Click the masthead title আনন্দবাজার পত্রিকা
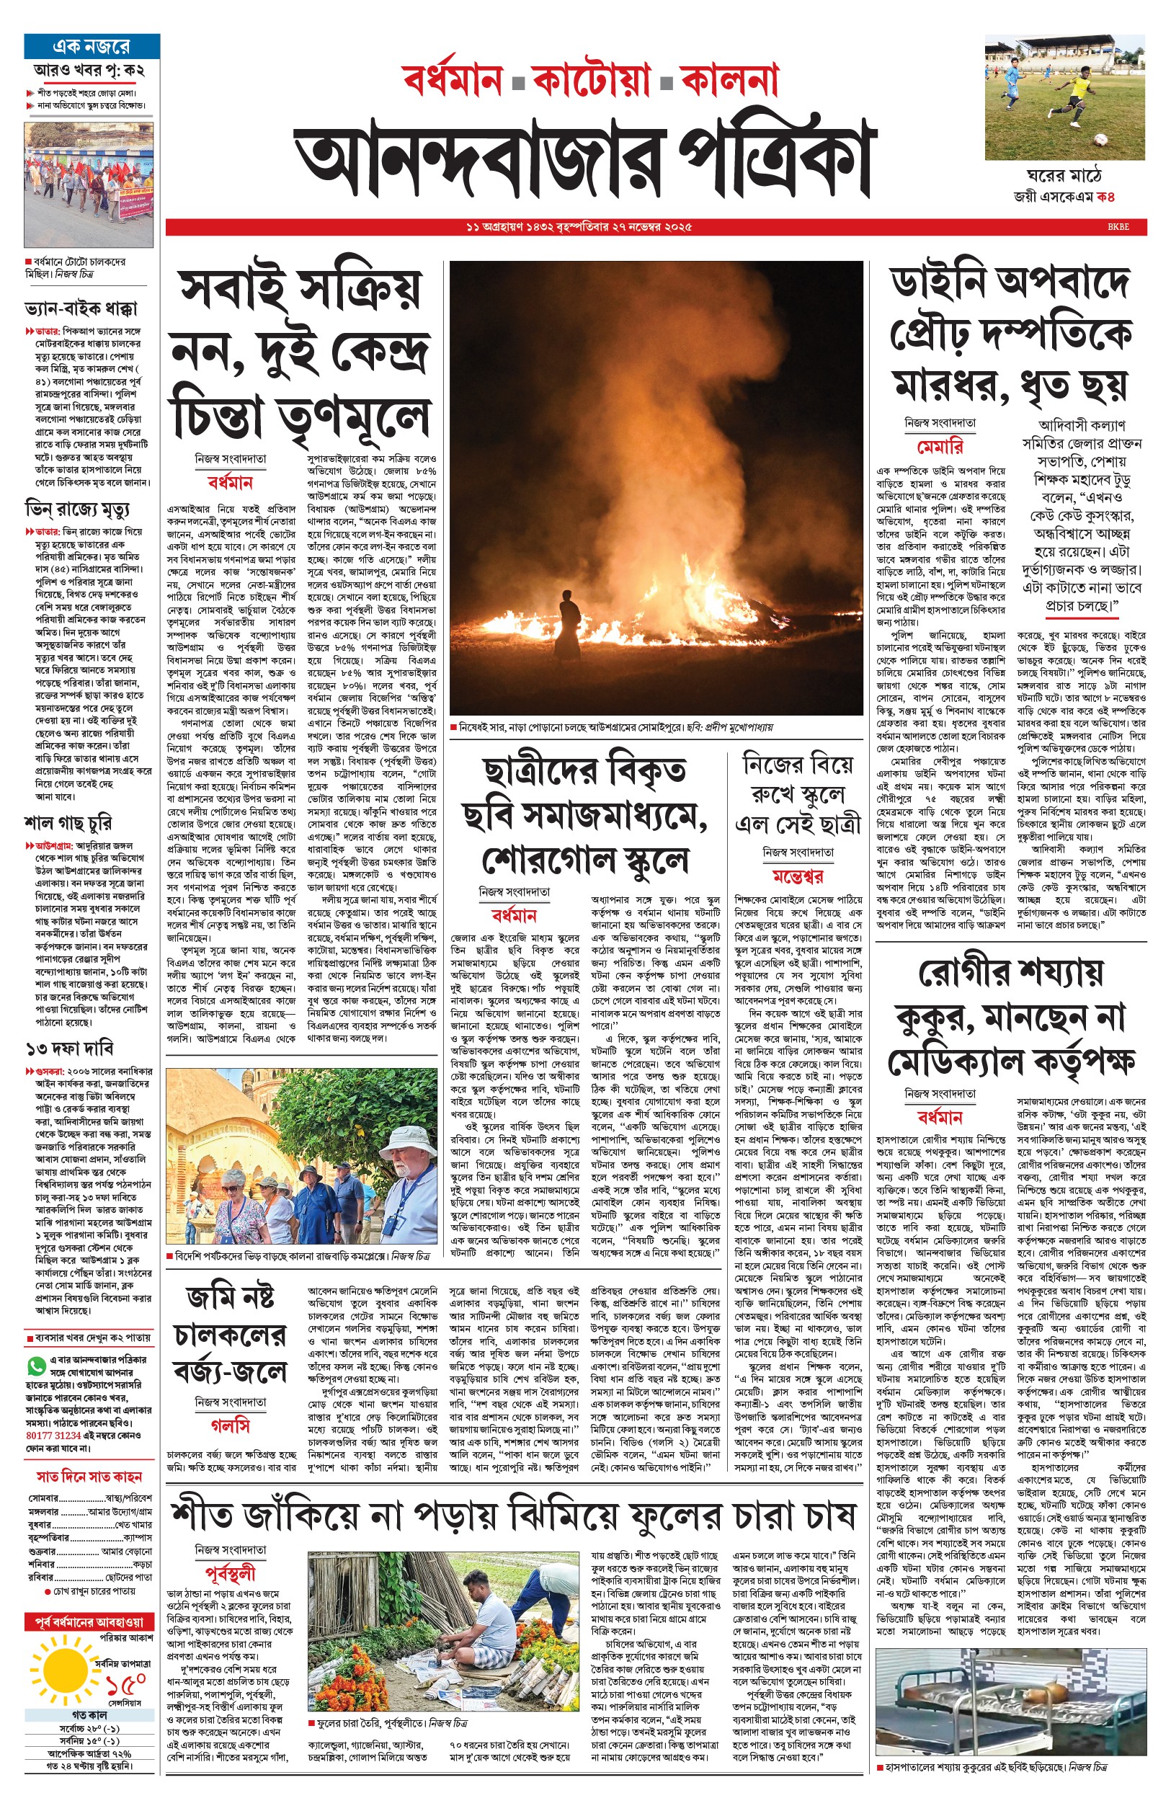585,161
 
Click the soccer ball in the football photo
1100,140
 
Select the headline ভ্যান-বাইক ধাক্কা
81,308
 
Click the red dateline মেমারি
940,446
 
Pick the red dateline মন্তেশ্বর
798,876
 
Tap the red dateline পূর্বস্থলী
231,1573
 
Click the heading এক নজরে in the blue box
92,46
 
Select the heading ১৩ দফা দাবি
70,1049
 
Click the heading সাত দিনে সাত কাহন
90,1477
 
